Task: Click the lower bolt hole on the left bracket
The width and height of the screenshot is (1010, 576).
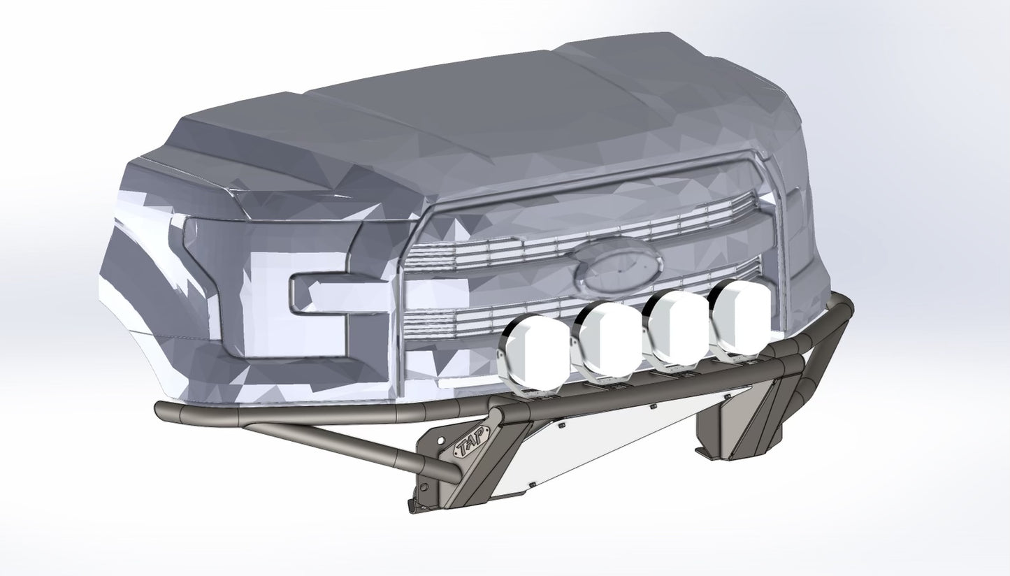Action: (x=424, y=482)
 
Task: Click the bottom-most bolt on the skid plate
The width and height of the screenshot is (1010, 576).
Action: (x=531, y=483)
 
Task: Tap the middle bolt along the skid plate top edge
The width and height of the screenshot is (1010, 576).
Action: (x=652, y=406)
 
